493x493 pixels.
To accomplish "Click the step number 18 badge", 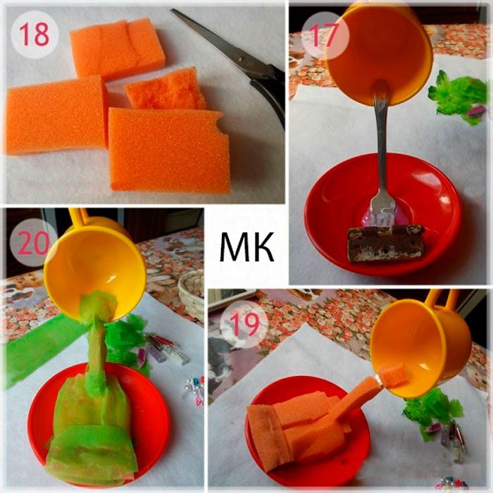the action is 35,34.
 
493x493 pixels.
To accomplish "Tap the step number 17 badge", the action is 325,35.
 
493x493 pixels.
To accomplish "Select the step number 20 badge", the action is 32,242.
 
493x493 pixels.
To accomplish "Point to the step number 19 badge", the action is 244,324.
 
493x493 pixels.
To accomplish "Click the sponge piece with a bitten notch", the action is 169,149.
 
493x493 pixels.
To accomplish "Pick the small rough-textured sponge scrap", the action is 166,89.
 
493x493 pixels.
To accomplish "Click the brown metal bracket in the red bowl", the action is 386,243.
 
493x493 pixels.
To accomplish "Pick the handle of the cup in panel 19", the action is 440,299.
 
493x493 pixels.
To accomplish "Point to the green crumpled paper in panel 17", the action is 458,96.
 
